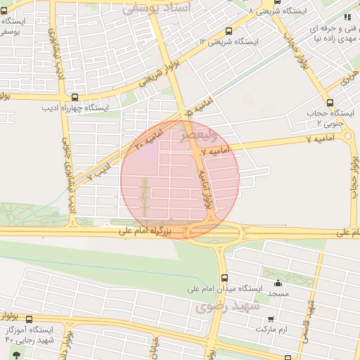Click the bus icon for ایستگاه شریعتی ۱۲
click(229, 32)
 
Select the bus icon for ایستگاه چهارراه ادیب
click(75, 98)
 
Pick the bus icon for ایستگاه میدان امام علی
click(224, 278)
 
